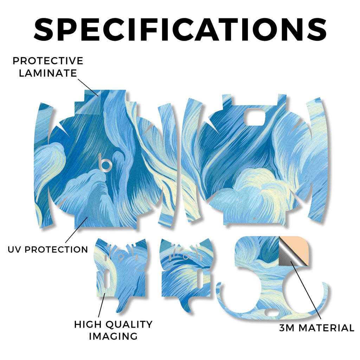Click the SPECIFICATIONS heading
180,30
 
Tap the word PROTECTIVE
48,61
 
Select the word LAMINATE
48,73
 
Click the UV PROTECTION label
48,249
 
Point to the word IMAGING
114,336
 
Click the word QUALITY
129,324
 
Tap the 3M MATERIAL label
317,328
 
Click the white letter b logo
105,163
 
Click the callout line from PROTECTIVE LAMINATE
88,88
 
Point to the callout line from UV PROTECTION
76,230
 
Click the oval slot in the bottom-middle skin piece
199,278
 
